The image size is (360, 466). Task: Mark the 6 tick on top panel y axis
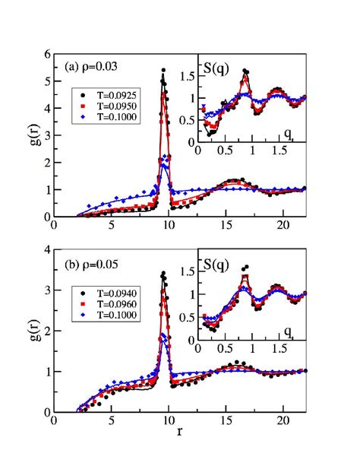[47, 56]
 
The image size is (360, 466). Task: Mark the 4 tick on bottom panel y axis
[47, 251]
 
